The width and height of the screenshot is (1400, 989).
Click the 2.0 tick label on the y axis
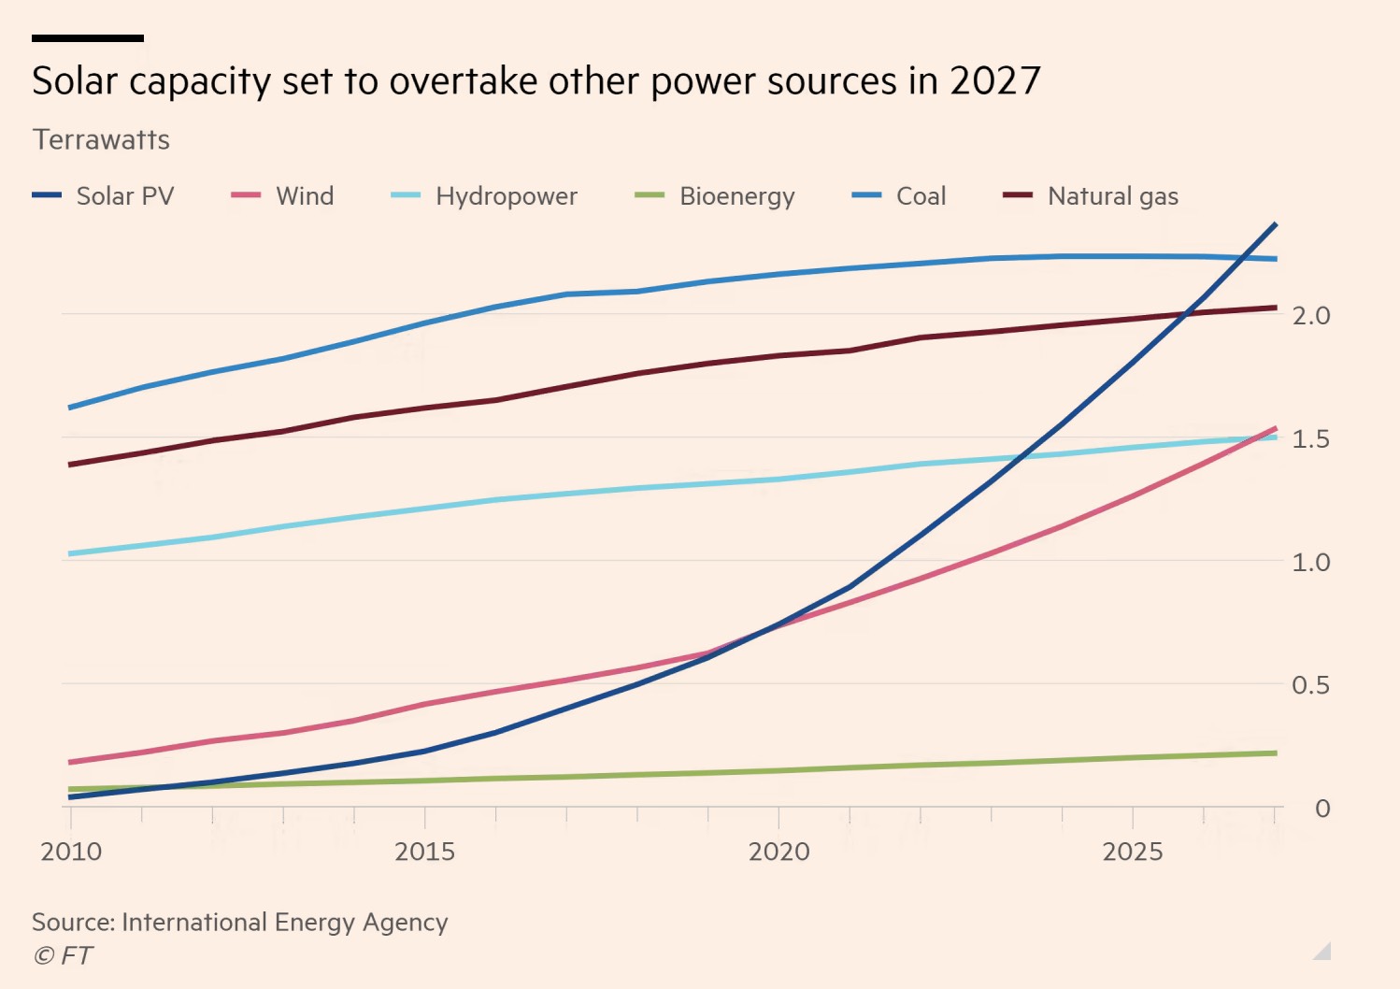pyautogui.click(x=1310, y=316)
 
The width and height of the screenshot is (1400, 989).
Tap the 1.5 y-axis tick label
pyautogui.click(x=1310, y=439)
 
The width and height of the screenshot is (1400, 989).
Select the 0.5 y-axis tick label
pyautogui.click(x=1310, y=685)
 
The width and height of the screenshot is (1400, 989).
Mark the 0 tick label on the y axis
pyautogui.click(x=1321, y=809)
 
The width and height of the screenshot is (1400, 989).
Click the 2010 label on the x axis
pyautogui.click(x=71, y=852)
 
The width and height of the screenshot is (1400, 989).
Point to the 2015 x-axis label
pyautogui.click(x=424, y=852)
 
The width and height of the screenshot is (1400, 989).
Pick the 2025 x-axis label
pyautogui.click(x=1133, y=852)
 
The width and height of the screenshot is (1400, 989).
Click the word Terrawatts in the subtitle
pyautogui.click(x=101, y=140)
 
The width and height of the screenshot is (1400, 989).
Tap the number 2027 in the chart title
pyautogui.click(x=995, y=81)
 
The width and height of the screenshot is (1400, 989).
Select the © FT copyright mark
pyautogui.click(x=63, y=955)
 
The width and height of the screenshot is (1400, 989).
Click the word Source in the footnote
pyautogui.click(x=73, y=923)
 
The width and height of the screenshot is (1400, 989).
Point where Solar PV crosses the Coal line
pyautogui.click(x=1246, y=257)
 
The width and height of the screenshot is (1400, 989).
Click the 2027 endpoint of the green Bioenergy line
pyautogui.click(x=1276, y=752)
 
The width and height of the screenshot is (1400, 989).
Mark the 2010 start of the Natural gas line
pyautogui.click(x=71, y=465)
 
